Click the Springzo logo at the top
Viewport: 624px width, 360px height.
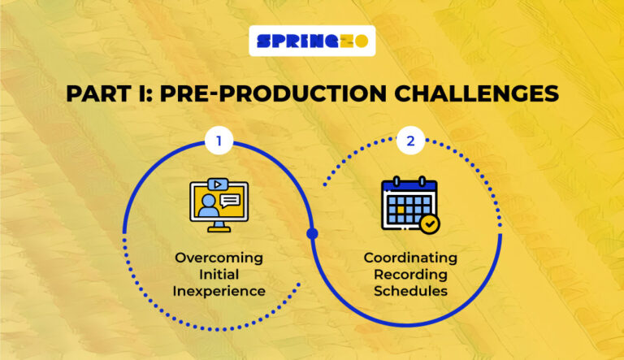pyautogui.click(x=312, y=41)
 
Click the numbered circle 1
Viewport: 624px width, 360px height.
pyautogui.click(x=217, y=141)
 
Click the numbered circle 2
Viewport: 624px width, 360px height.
pyautogui.click(x=410, y=141)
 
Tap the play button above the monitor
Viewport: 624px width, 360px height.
pyautogui.click(x=217, y=184)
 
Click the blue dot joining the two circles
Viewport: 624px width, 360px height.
pyautogui.click(x=312, y=234)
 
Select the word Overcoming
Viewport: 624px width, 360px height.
pyautogui.click(x=219, y=258)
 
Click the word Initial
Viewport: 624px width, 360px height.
pyautogui.click(x=219, y=275)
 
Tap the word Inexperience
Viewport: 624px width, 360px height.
pyautogui.click(x=219, y=291)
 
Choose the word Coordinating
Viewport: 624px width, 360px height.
pyautogui.click(x=410, y=258)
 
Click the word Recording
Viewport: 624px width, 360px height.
pyautogui.click(x=410, y=275)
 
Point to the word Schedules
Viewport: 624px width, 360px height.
pyautogui.click(x=410, y=291)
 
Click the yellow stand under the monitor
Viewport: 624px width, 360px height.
pyautogui.click(x=217, y=228)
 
